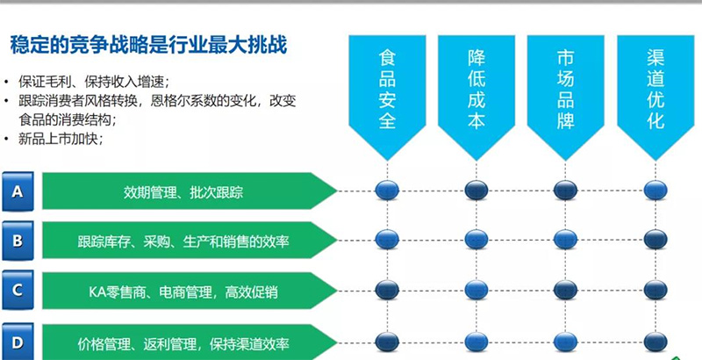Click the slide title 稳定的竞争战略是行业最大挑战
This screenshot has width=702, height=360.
[x=149, y=44]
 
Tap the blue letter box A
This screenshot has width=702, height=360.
[x=18, y=189]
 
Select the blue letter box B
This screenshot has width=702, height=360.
[x=18, y=239]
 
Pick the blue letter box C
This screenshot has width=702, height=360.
[x=18, y=290]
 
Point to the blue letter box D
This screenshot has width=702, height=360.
[x=18, y=340]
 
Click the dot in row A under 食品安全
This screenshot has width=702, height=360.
[x=387, y=190]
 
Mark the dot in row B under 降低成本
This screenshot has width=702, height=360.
[x=476, y=240]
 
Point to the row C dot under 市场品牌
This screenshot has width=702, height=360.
[x=566, y=290]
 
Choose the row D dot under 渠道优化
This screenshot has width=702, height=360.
[x=654, y=341]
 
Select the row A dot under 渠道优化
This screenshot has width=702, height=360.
[x=654, y=190]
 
